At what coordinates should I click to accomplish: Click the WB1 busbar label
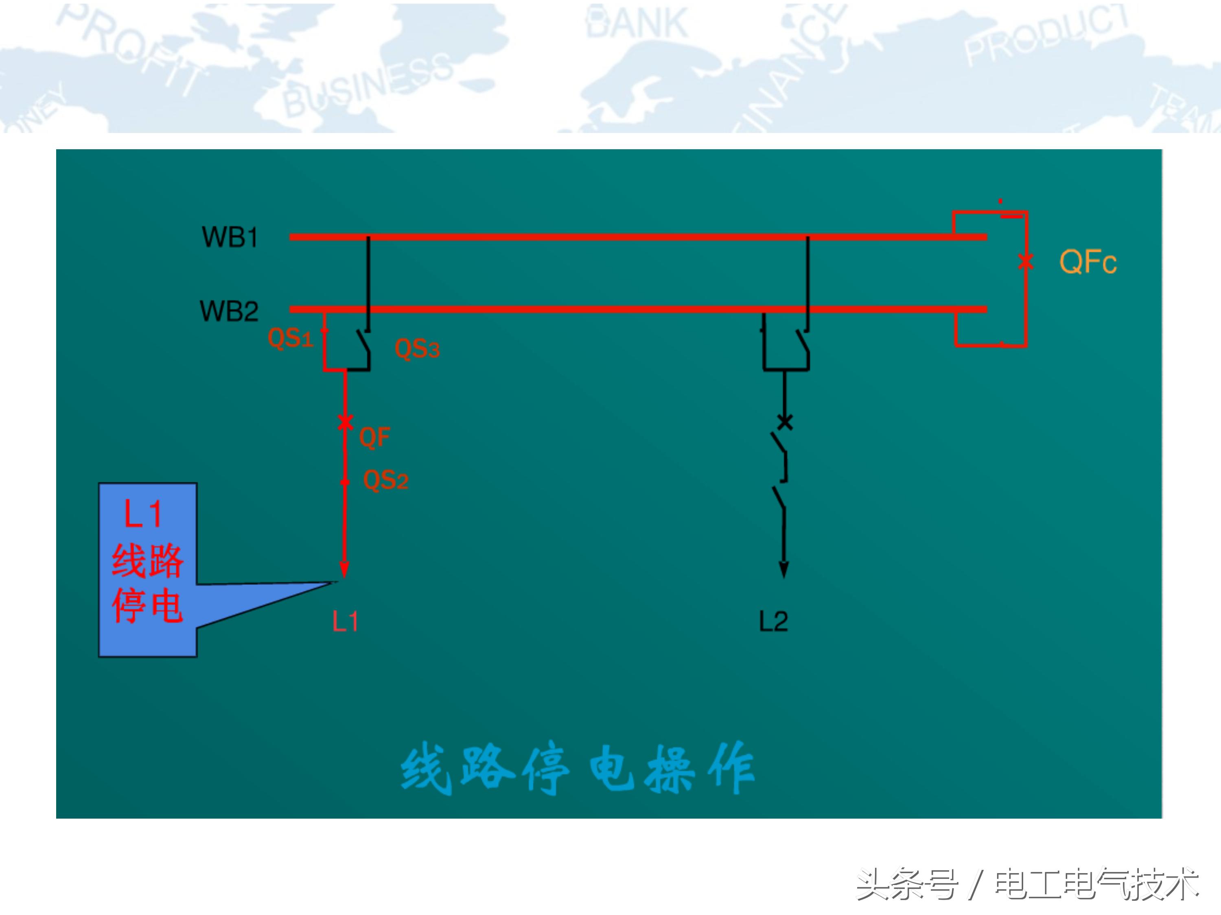(230, 238)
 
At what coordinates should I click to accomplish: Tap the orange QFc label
(1088, 262)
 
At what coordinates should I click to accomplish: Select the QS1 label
(290, 338)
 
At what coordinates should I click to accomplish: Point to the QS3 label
(417, 349)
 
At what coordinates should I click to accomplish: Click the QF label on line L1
(374, 437)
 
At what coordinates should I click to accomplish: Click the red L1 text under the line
(345, 621)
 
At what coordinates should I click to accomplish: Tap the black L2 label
(773, 621)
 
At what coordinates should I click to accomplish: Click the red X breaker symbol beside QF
(345, 422)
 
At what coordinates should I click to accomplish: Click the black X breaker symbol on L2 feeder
(784, 422)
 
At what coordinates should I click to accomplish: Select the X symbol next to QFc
(1026, 261)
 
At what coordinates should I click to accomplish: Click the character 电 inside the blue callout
(166, 606)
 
